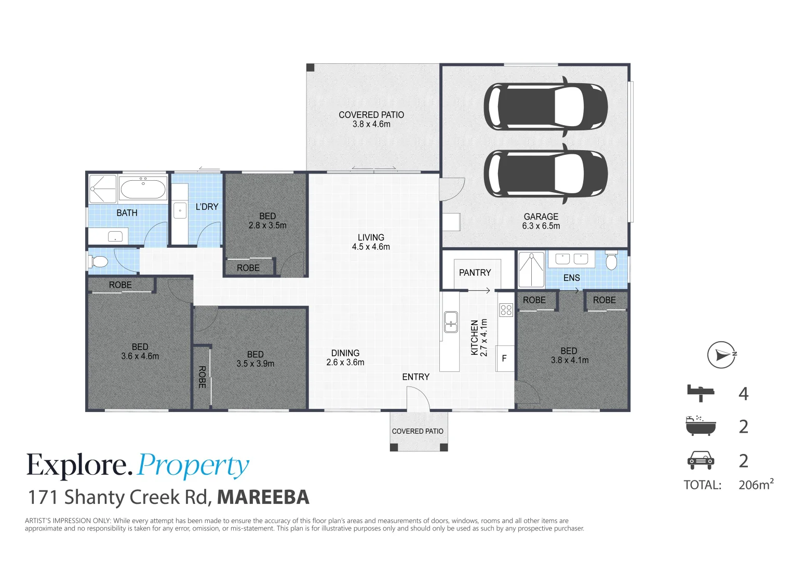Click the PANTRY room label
pyautogui.click(x=475, y=273)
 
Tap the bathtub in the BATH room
pyautogui.click(x=143, y=189)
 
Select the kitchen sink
pyautogui.click(x=451, y=322)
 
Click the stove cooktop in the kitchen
pyautogui.click(x=506, y=310)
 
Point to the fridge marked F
pyautogui.click(x=504, y=358)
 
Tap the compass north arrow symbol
pyautogui.click(x=722, y=355)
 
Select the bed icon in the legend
pyautogui.click(x=701, y=393)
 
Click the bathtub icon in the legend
pyautogui.click(x=701, y=426)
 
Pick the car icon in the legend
pyautogui.click(x=701, y=460)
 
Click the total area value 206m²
pyautogui.click(x=756, y=485)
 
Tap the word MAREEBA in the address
pyautogui.click(x=263, y=497)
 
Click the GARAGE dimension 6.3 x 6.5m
pyautogui.click(x=541, y=226)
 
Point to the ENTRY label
pyautogui.click(x=415, y=377)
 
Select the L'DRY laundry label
pyautogui.click(x=207, y=207)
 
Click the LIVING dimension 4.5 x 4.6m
pyautogui.click(x=371, y=247)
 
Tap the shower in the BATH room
pyautogui.click(x=102, y=189)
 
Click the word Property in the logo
pyautogui.click(x=193, y=466)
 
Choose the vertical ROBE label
pyautogui.click(x=202, y=377)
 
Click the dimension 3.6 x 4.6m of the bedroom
pyautogui.click(x=140, y=356)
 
